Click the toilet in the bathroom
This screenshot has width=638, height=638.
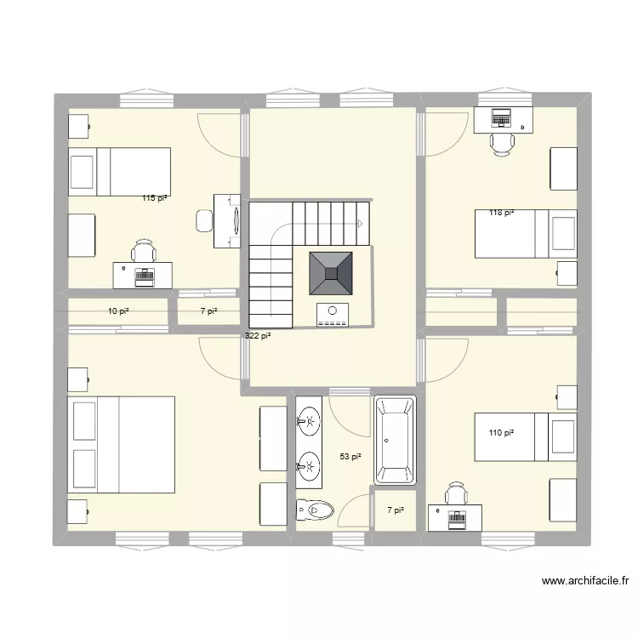(x=312, y=510)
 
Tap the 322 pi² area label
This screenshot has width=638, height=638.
(x=257, y=336)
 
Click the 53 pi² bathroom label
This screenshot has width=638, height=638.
(x=350, y=457)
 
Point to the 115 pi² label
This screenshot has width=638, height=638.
(x=155, y=198)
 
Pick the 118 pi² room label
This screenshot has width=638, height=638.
(x=501, y=213)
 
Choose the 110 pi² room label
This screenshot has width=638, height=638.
(x=501, y=433)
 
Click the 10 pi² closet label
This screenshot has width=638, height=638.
(x=118, y=311)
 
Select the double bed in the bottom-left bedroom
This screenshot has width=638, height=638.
(x=121, y=444)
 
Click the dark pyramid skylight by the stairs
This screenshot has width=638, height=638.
(x=332, y=272)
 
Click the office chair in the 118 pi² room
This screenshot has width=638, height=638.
(x=502, y=143)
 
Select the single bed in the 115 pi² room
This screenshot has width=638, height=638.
(x=120, y=172)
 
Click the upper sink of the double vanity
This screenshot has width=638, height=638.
(x=309, y=420)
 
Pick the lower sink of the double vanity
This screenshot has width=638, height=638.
(x=309, y=464)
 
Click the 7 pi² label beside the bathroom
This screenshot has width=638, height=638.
(x=396, y=510)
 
